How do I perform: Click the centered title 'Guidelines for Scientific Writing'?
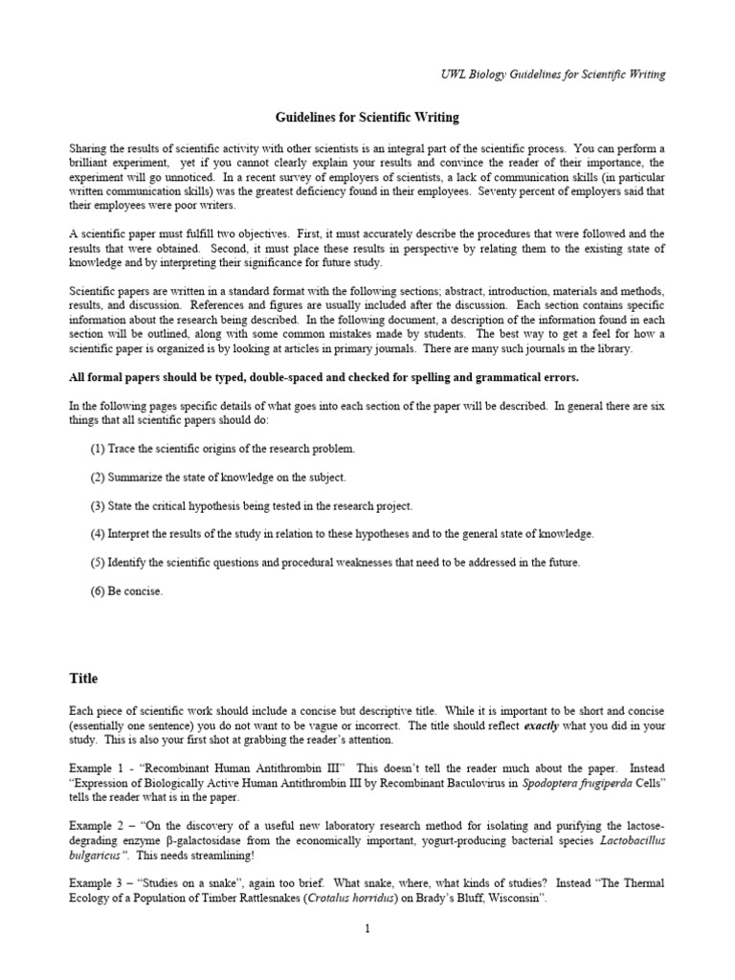pyautogui.click(x=367, y=118)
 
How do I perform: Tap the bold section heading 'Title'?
pyautogui.click(x=83, y=678)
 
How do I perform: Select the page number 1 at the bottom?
pyautogui.click(x=367, y=927)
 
